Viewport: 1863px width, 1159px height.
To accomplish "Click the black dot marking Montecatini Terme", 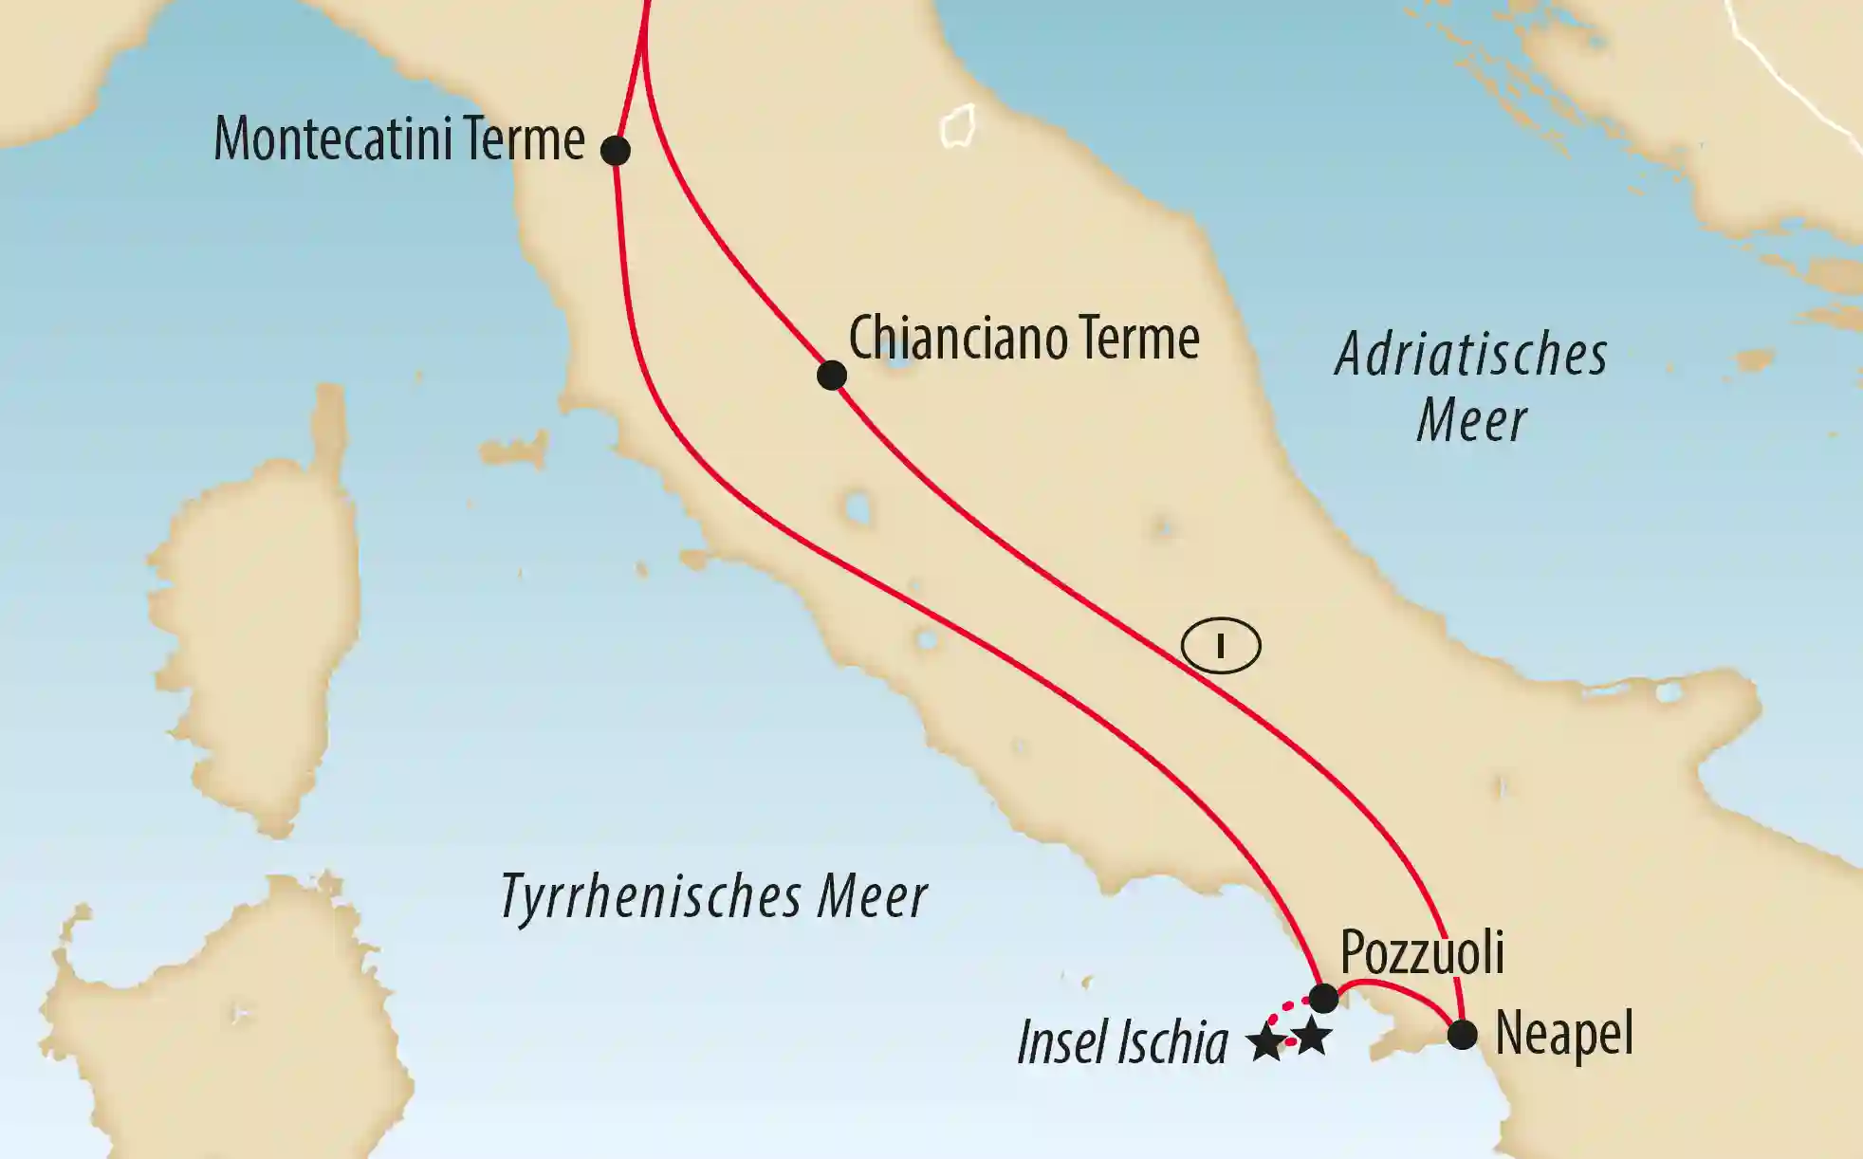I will coord(616,150).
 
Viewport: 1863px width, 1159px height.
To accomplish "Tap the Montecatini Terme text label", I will coord(399,139).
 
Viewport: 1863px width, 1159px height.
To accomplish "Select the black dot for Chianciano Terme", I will coord(831,375).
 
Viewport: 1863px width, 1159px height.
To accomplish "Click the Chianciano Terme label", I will coord(1024,339).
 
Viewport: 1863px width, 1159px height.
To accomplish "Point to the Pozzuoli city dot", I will coord(1323,998).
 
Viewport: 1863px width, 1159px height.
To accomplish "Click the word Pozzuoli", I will coord(1422,951).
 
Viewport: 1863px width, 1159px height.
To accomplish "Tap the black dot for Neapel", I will coord(1463,1034).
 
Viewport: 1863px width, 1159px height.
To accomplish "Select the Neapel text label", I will coord(1564,1034).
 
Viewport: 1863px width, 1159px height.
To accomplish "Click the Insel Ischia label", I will coord(1122,1043).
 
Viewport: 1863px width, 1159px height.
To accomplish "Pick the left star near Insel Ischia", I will coord(1266,1043).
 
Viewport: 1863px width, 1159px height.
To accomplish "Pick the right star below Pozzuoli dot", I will coord(1312,1038).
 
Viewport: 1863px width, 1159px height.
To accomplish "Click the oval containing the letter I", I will coord(1221,647).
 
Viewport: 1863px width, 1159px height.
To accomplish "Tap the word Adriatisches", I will coord(1470,355).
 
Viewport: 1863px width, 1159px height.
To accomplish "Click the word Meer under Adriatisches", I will coord(1471,420).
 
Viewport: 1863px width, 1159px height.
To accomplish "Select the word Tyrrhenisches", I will coord(650,896).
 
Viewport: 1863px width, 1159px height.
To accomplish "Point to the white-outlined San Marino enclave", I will coord(958,126).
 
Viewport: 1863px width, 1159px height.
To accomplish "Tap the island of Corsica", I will coord(256,607).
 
